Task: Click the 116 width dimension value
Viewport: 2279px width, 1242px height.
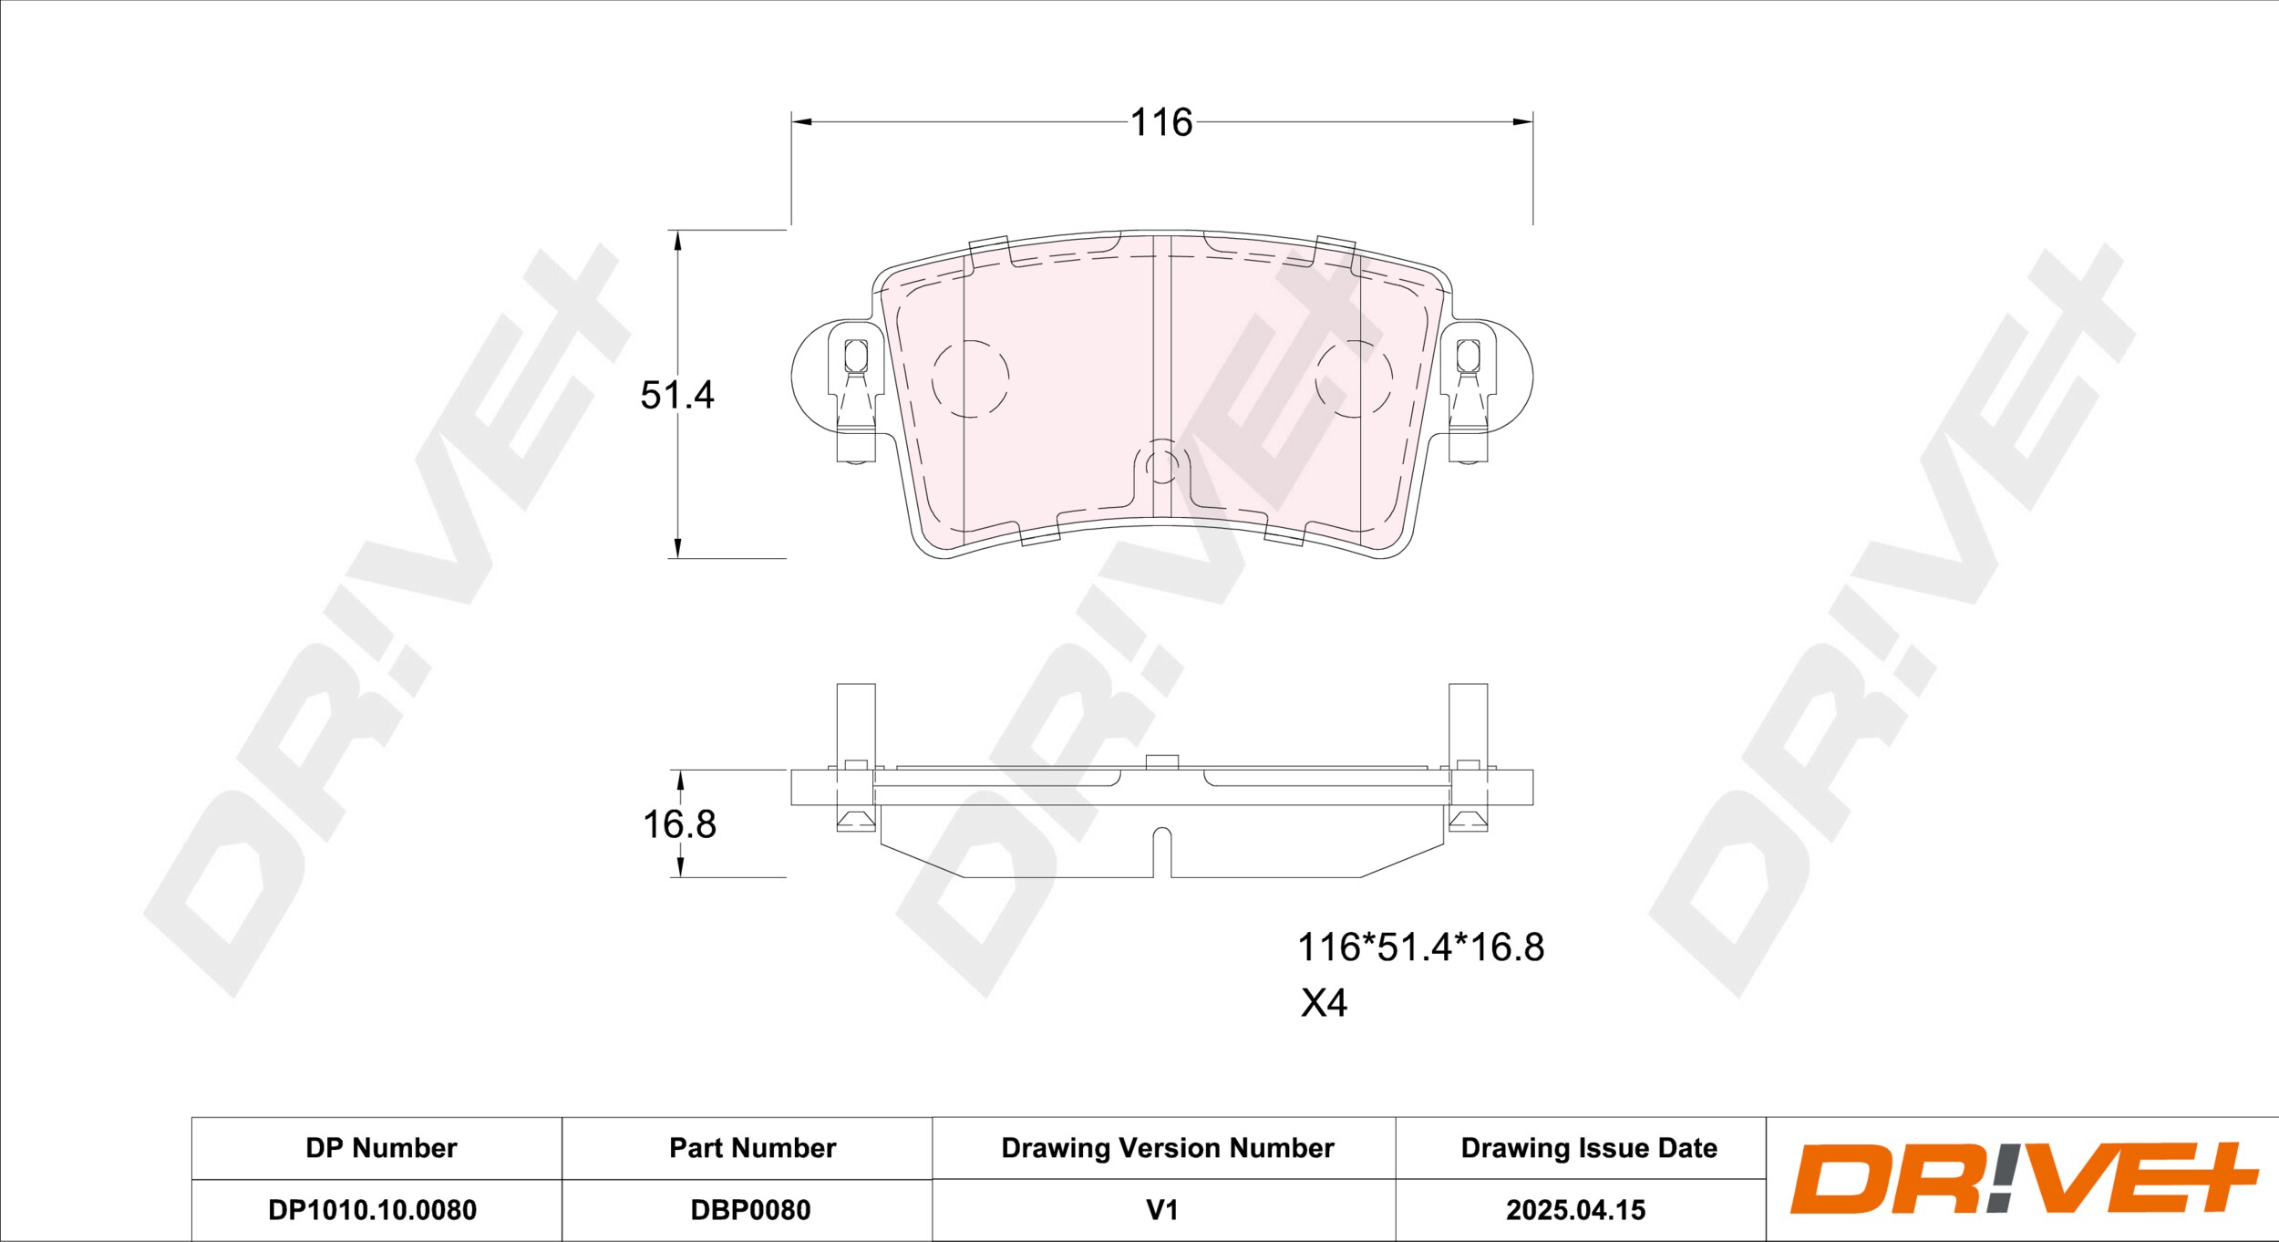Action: (x=1160, y=122)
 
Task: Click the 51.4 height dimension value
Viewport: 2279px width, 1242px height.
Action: (x=677, y=395)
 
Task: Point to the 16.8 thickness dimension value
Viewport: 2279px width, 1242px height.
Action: (x=679, y=824)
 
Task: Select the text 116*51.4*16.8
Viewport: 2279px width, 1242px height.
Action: (x=1420, y=947)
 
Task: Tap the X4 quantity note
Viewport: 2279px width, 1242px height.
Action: (x=1324, y=1003)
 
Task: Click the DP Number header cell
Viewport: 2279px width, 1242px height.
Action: (x=381, y=1148)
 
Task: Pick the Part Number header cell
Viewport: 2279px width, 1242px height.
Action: (x=752, y=1148)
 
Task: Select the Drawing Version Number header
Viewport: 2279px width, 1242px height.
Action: (x=1168, y=1148)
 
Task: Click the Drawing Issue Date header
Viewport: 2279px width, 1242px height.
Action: (x=1589, y=1148)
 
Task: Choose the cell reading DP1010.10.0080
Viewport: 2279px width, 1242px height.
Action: (x=372, y=1210)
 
